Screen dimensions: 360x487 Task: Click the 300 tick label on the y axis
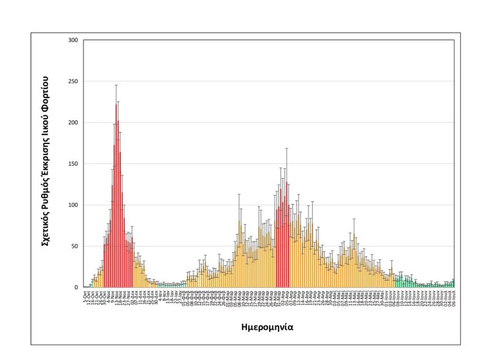(x=74, y=40)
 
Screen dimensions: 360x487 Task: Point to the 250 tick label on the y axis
(x=74, y=81)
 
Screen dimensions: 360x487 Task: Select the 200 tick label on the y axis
(x=74, y=123)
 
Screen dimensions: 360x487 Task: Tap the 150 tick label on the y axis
(x=74, y=164)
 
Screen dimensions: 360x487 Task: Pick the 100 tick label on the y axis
(x=74, y=205)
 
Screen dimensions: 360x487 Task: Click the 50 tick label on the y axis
(x=76, y=246)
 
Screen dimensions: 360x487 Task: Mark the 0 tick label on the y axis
(x=77, y=287)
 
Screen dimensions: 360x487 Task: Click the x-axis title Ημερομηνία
(x=267, y=327)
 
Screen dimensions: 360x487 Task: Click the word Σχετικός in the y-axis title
(x=45, y=228)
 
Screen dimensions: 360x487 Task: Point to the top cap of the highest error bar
(x=116, y=85)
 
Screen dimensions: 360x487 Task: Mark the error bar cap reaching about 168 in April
(x=287, y=149)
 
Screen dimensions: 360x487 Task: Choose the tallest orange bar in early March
(x=239, y=254)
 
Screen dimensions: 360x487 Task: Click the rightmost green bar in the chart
(x=453, y=284)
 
